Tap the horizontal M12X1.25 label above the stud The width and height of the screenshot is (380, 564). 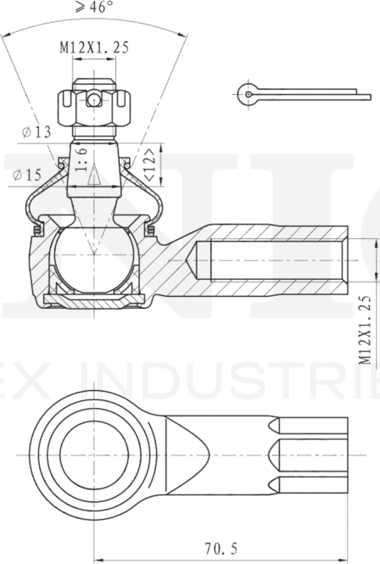(93, 48)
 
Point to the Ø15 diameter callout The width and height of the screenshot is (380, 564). (28, 176)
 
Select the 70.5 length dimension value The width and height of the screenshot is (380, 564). (218, 549)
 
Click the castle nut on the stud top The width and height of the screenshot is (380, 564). (93, 105)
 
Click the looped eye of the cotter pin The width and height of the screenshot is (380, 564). (246, 94)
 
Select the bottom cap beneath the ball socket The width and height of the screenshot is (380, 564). (93, 299)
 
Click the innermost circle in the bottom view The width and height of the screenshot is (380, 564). (93, 450)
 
